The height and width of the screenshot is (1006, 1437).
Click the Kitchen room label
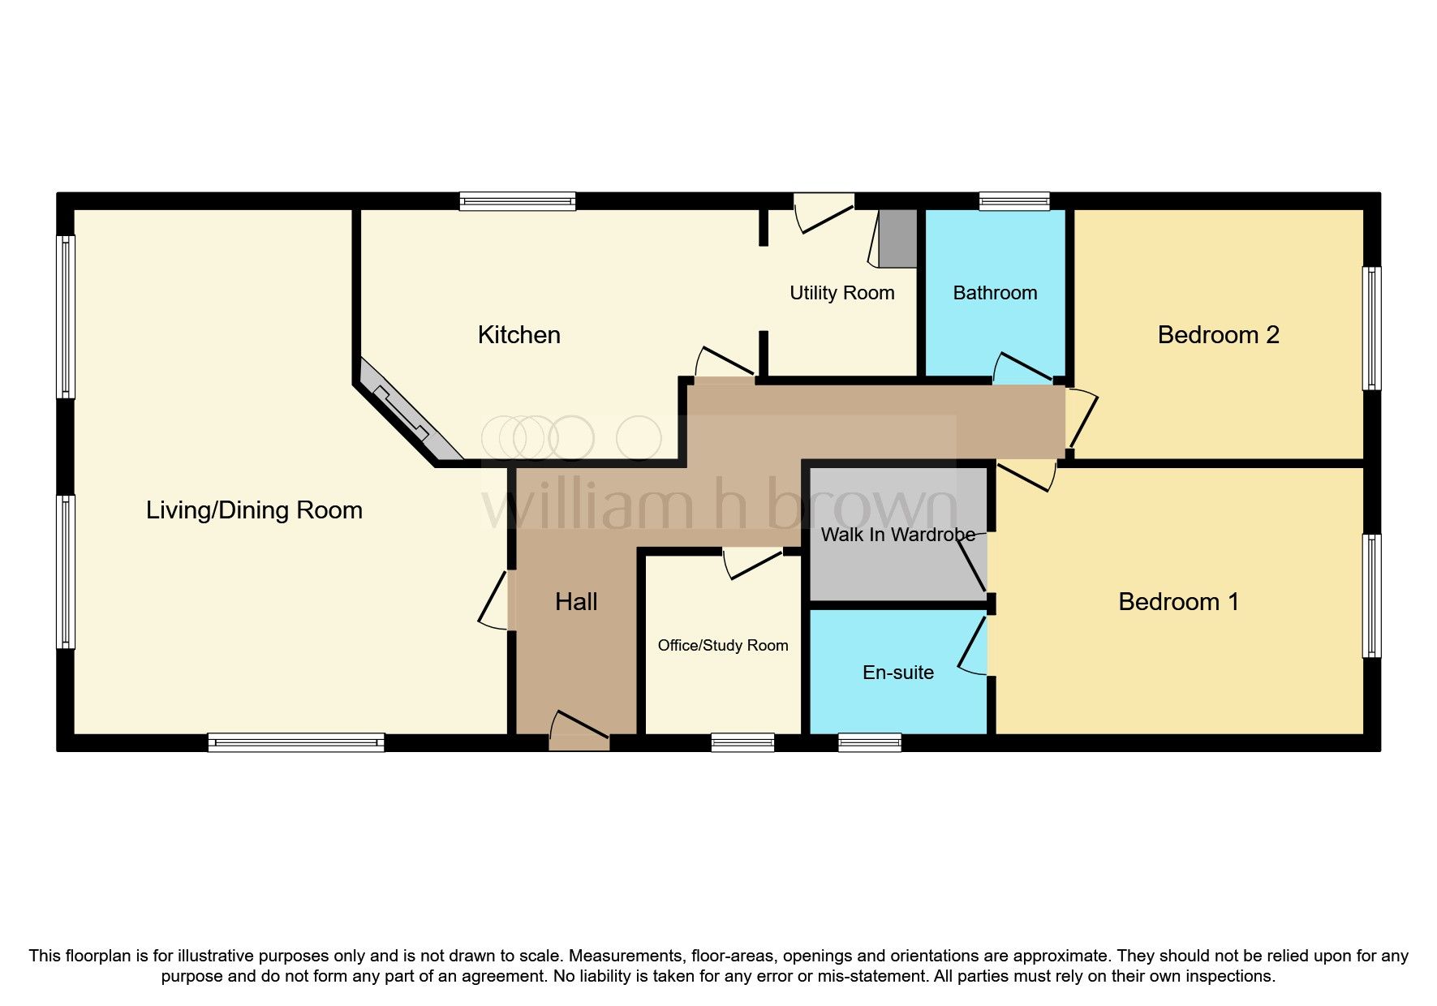tap(518, 335)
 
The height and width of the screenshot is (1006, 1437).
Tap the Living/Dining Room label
tap(254, 510)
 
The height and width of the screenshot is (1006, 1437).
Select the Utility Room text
tap(841, 293)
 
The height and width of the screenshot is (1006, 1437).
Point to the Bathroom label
tap(995, 293)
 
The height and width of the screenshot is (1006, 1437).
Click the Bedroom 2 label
tap(1218, 335)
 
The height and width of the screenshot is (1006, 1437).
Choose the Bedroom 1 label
tap(1178, 602)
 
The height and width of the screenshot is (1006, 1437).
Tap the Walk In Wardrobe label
tap(897, 535)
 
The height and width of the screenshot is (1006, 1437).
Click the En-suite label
tap(897, 673)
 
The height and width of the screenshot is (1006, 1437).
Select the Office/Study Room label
tap(722, 646)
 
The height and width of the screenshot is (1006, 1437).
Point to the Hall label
tap(576, 602)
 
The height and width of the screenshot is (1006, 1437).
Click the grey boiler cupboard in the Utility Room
tap(898, 238)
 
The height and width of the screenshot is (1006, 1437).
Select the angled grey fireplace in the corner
tap(405, 415)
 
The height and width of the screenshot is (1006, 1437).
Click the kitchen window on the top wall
tap(517, 201)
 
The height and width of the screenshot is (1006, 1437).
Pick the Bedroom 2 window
tap(1371, 329)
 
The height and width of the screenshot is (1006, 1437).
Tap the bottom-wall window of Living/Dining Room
tap(296, 742)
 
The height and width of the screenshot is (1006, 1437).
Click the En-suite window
tap(869, 742)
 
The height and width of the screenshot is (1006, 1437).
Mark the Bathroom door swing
tap(1022, 369)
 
